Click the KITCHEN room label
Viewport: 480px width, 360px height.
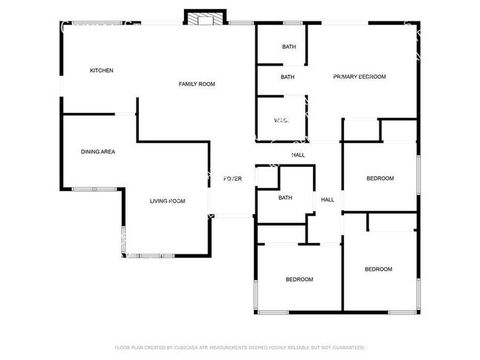pyautogui.click(x=101, y=71)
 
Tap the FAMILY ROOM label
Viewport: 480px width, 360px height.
pyautogui.click(x=196, y=84)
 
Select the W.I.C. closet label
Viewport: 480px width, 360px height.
pyautogui.click(x=281, y=120)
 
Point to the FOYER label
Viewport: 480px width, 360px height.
pyautogui.click(x=233, y=179)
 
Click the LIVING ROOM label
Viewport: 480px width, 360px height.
pyautogui.click(x=168, y=201)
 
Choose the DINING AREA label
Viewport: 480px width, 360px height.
pyautogui.click(x=97, y=152)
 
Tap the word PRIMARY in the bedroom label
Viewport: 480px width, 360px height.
pyautogui.click(x=346, y=77)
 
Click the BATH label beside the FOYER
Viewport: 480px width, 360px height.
pyautogui.click(x=285, y=198)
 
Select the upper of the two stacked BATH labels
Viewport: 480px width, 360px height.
pyautogui.click(x=288, y=48)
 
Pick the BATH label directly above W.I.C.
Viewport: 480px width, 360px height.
pyautogui.click(x=287, y=77)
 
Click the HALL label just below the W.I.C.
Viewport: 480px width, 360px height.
pyautogui.click(x=298, y=155)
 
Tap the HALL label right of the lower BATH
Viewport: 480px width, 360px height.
pyautogui.click(x=327, y=199)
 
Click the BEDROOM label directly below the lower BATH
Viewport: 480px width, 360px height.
pyautogui.click(x=300, y=280)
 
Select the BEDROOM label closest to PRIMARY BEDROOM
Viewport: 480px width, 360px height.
pyautogui.click(x=380, y=179)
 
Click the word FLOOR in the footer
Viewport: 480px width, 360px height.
pyautogui.click(x=123, y=347)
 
